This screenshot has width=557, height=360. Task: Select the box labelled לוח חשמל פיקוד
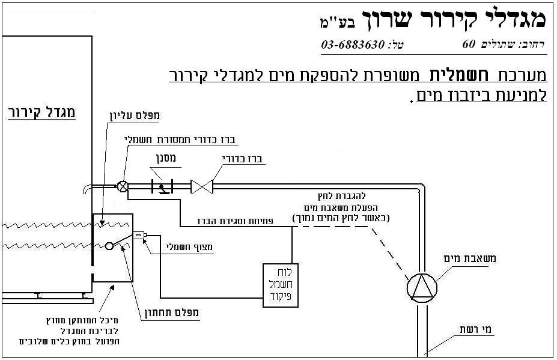pyautogui.click(x=281, y=285)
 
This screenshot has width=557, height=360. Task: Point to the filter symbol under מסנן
pyautogui.click(x=161, y=187)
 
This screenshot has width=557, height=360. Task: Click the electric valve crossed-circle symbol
pyautogui.click(x=123, y=186)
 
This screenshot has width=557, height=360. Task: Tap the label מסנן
pyautogui.click(x=166, y=160)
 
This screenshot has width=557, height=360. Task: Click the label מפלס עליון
pyautogui.click(x=142, y=114)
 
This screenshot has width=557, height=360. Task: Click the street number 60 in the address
pyautogui.click(x=468, y=44)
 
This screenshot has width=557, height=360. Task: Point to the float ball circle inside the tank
pyautogui.click(x=109, y=245)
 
